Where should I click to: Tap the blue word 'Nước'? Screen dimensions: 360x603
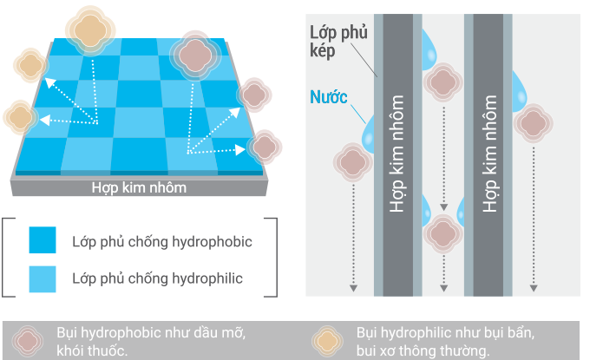[329, 96]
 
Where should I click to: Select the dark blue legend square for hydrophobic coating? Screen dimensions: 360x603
[43, 240]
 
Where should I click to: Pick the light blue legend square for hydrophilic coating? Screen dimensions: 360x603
[43, 278]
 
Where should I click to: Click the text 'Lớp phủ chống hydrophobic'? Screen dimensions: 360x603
[161, 241]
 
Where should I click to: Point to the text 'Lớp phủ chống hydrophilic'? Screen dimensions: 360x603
[157, 278]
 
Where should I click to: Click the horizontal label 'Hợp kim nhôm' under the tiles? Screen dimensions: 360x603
[139, 187]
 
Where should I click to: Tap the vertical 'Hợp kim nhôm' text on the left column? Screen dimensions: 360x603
[397, 156]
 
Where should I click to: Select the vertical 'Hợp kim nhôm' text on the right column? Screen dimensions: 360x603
[490, 156]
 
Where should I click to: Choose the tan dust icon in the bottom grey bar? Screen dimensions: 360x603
[330, 341]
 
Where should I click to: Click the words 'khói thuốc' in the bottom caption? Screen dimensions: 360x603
[92, 351]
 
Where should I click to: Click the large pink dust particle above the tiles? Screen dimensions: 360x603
[197, 54]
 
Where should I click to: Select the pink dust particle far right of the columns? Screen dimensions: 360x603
[532, 121]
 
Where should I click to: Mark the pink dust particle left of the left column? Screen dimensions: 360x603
[352, 161]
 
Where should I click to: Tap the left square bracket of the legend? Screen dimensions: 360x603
[6, 259]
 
